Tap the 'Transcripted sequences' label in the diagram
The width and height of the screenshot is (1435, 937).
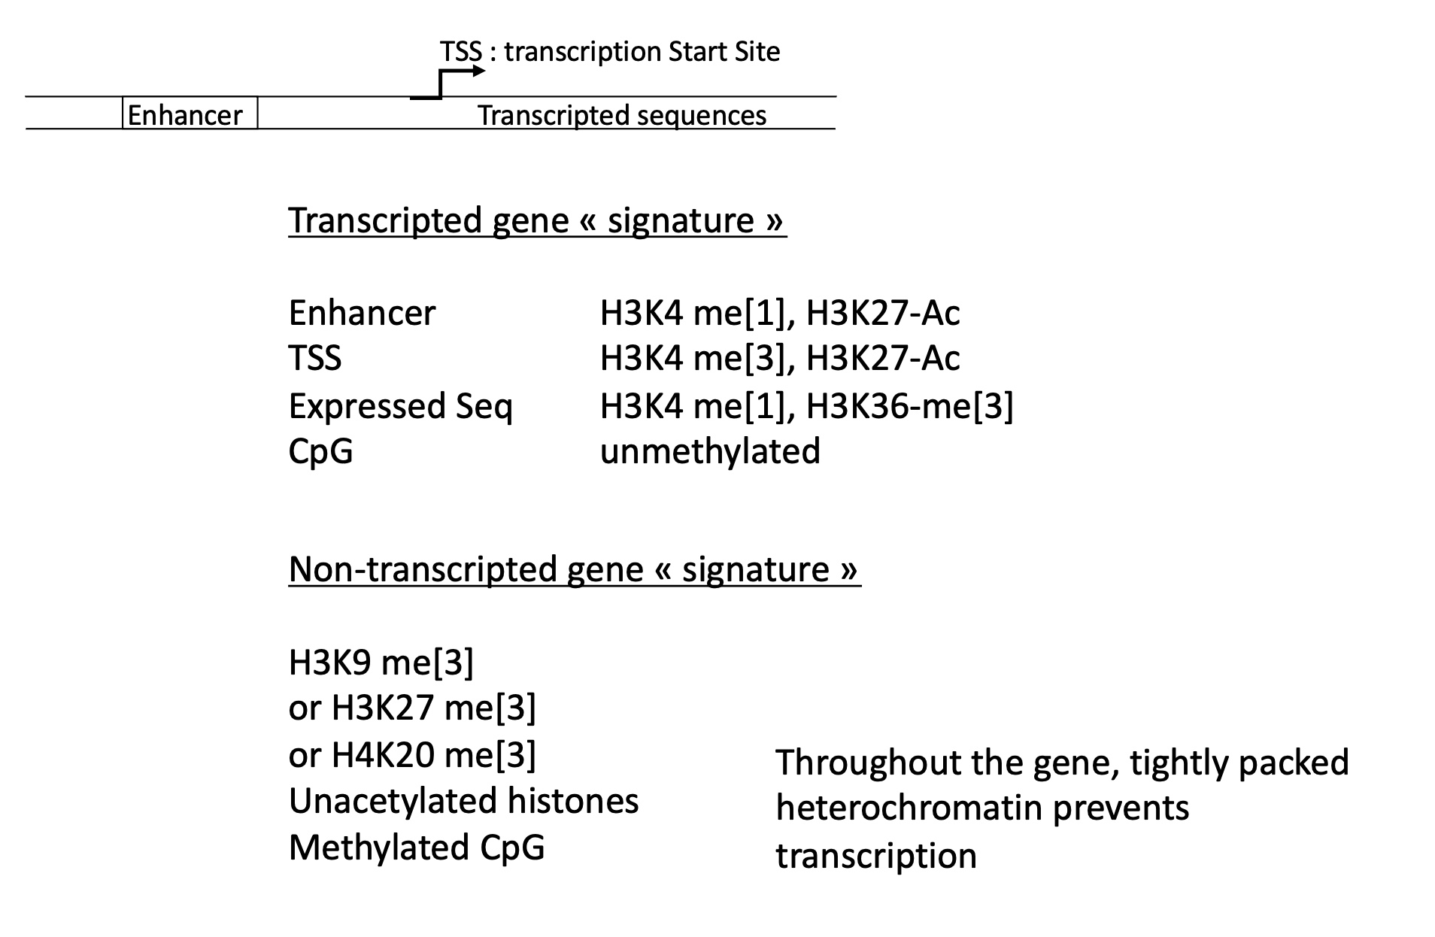click(622, 115)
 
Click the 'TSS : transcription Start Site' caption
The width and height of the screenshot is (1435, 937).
click(610, 52)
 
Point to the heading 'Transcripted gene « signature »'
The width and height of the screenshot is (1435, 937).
click(537, 220)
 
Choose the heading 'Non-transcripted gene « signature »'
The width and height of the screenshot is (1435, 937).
click(574, 569)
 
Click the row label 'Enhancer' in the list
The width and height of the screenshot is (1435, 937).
click(362, 313)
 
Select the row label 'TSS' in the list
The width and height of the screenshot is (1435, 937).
click(315, 359)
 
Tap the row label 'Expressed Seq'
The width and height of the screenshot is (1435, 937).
click(400, 406)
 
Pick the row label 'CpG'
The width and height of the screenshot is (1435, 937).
click(320, 451)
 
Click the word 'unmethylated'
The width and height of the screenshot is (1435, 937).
click(710, 451)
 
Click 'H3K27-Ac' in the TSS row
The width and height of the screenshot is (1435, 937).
click(883, 359)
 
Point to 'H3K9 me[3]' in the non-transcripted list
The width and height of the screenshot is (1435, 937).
click(381, 663)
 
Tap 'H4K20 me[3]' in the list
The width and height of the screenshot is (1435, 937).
click(434, 754)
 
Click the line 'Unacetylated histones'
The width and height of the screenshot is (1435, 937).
click(463, 801)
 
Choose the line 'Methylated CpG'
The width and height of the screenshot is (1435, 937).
click(417, 848)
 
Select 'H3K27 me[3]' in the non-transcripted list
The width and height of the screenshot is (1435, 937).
click(434, 708)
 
